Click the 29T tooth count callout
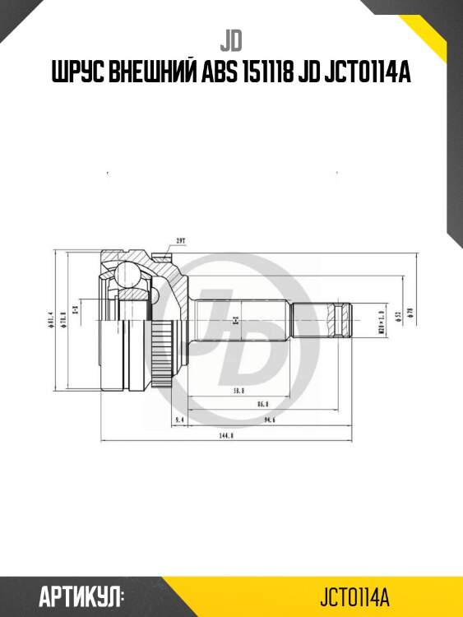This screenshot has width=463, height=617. click(x=180, y=241)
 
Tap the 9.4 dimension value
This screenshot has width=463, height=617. click(x=180, y=420)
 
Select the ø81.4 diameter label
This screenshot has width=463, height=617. click(x=51, y=319)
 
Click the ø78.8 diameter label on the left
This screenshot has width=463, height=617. click(x=63, y=319)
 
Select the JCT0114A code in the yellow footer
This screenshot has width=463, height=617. click(x=354, y=595)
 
